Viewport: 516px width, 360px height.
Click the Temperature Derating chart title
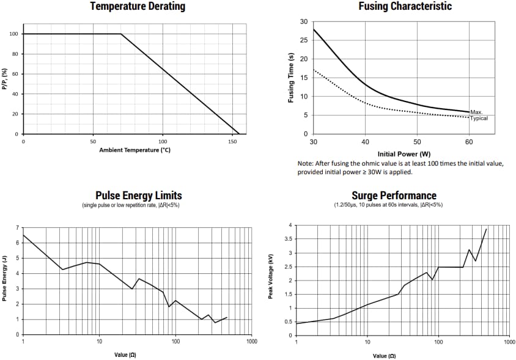(x=137, y=7)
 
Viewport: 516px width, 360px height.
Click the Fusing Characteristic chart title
(x=405, y=7)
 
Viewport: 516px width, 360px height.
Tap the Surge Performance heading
(x=394, y=196)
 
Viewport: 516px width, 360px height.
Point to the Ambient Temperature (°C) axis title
(x=135, y=150)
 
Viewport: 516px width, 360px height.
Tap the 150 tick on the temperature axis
(x=232, y=141)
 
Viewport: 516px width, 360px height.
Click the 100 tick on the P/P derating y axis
(x=13, y=34)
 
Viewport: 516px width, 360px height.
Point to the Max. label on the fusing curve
(x=477, y=112)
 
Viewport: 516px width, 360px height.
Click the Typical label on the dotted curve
(x=479, y=118)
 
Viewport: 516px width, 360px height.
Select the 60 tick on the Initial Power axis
(x=469, y=142)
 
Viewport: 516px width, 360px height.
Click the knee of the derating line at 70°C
(x=121, y=34)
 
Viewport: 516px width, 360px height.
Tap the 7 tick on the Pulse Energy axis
(x=18, y=228)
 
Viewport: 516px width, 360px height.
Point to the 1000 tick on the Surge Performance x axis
(x=509, y=342)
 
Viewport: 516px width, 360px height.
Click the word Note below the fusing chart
(x=305, y=164)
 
